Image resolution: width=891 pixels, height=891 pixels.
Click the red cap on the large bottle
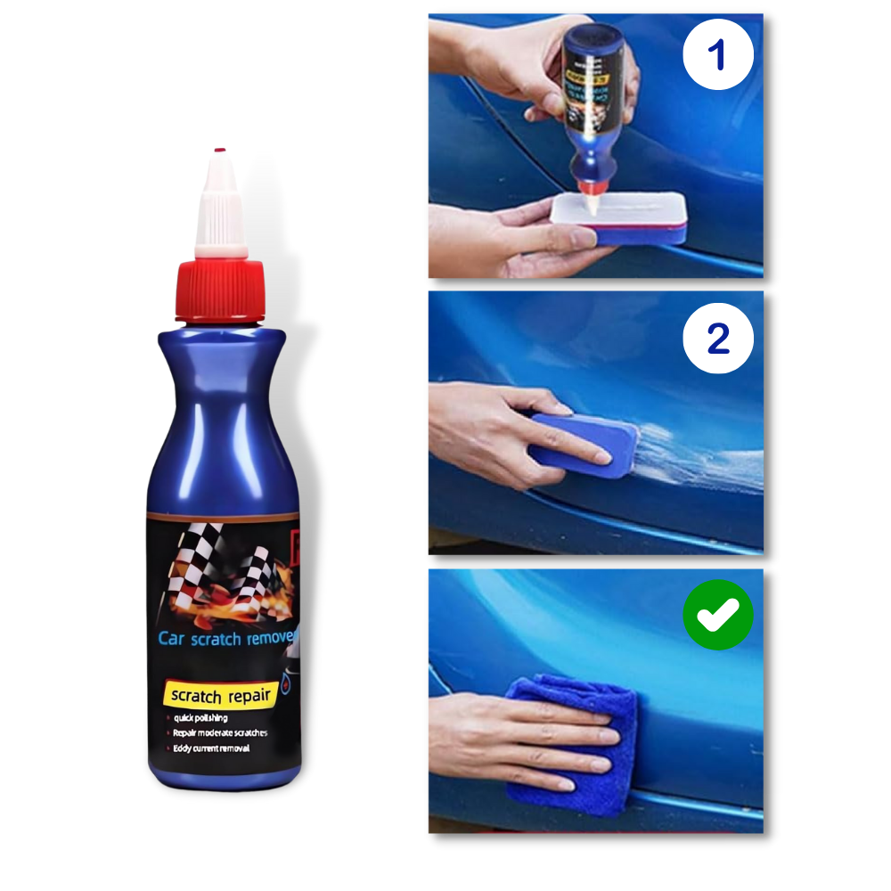pos(220,290)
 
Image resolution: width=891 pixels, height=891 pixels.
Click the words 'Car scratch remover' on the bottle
pos(227,638)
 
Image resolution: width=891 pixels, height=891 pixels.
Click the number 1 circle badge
pos(718,53)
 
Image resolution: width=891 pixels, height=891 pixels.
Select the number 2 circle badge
pos(718,339)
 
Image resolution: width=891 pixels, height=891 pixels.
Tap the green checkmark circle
pos(718,614)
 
